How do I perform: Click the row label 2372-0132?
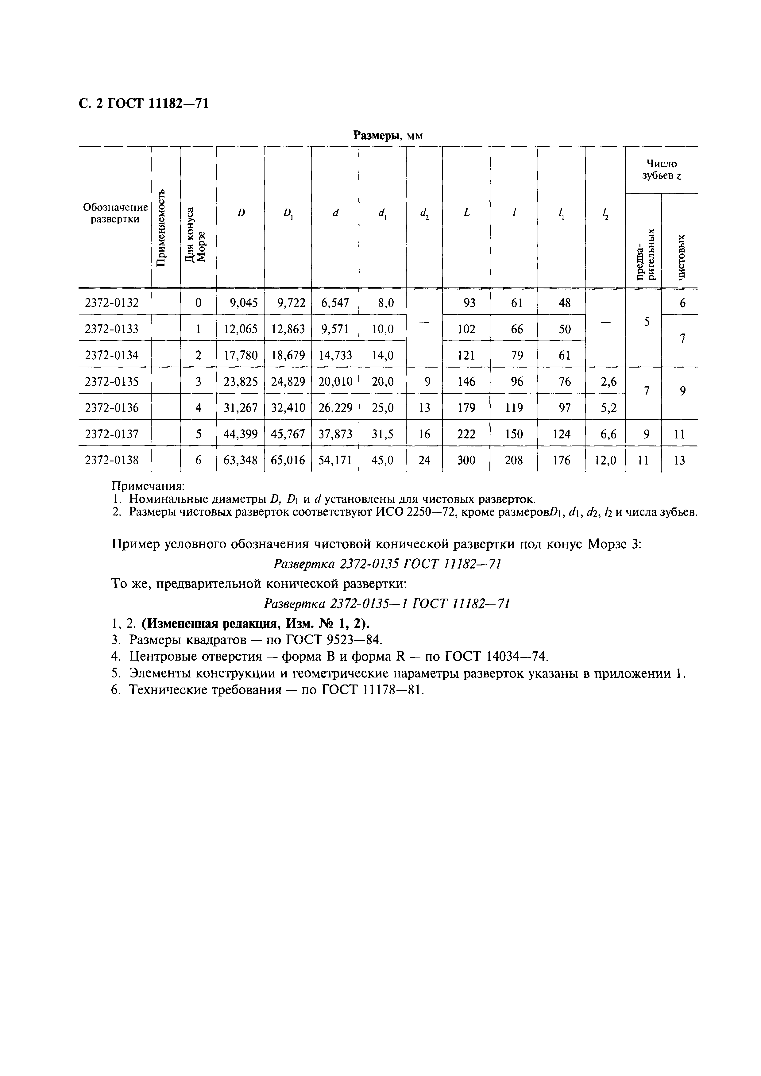point(112,303)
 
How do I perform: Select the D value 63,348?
point(240,461)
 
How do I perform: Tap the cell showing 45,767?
point(288,434)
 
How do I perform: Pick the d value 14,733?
point(335,356)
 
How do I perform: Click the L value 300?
point(466,461)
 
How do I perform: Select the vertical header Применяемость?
point(161,228)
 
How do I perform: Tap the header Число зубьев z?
point(661,170)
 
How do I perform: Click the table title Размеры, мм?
point(388,136)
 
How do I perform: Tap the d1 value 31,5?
point(382,434)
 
